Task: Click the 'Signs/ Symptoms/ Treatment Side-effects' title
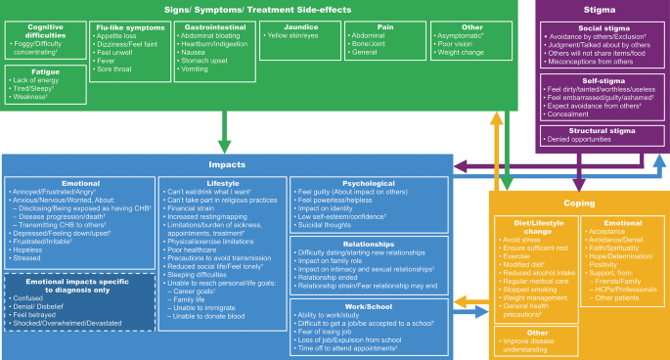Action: pos(257,9)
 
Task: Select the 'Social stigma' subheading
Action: pos(600,30)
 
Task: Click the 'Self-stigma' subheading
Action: pos(600,80)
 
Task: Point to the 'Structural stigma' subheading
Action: pos(600,130)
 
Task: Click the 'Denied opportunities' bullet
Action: pos(584,140)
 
